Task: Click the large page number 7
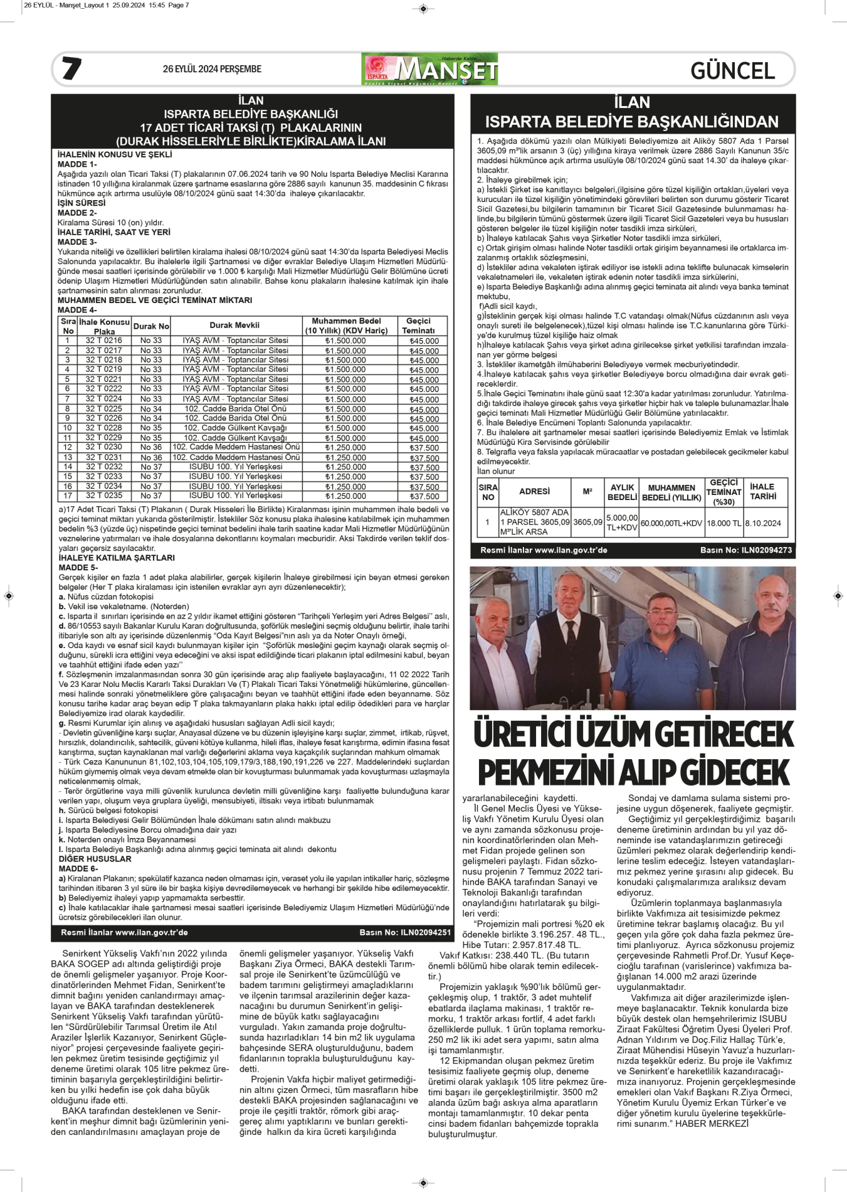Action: [x=71, y=68]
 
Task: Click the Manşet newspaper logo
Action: [x=430, y=69]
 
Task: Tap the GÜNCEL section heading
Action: [x=732, y=71]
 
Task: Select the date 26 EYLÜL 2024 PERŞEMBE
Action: [x=212, y=69]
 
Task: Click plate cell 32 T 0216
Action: [x=104, y=341]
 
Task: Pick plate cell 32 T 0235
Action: [x=104, y=496]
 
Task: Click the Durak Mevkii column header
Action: [x=234, y=325]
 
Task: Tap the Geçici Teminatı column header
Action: [x=418, y=326]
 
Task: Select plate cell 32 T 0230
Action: [x=104, y=447]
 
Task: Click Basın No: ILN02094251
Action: [x=405, y=932]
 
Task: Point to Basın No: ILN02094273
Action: [x=745, y=550]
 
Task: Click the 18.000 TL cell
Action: [x=723, y=523]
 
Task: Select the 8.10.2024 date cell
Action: [x=763, y=523]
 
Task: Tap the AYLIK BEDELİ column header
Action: [x=622, y=492]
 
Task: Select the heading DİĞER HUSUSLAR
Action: [x=95, y=859]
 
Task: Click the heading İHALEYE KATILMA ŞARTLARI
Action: [x=117, y=558]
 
